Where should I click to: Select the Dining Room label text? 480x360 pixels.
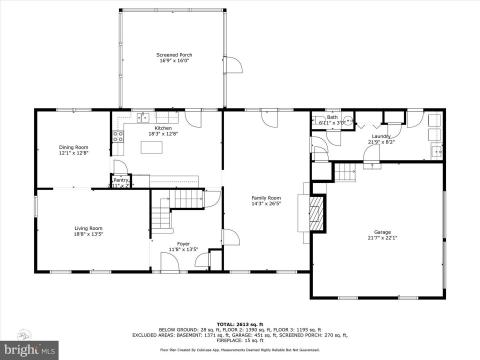click(x=74, y=147)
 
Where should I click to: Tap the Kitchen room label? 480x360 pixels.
click(x=163, y=128)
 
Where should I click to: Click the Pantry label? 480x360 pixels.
click(x=121, y=181)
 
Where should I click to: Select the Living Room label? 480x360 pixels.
click(x=88, y=228)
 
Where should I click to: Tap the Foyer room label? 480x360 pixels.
click(x=184, y=243)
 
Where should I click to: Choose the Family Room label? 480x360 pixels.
click(x=266, y=197)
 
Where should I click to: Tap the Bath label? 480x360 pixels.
click(x=333, y=118)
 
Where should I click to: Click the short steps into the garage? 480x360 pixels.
click(x=345, y=174)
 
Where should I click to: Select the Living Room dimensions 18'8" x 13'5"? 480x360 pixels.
click(x=88, y=234)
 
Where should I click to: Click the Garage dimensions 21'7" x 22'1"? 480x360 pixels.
click(x=383, y=237)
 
